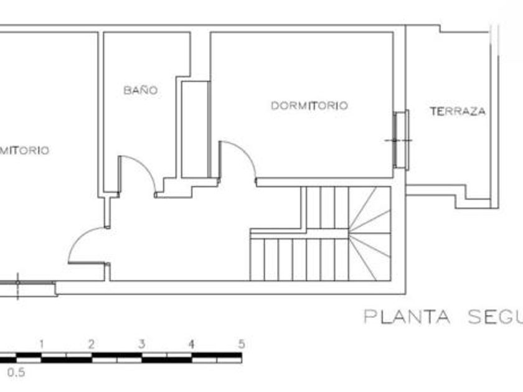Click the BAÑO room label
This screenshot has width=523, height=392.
140,90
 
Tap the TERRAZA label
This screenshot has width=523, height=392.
458,112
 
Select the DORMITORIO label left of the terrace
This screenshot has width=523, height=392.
309,106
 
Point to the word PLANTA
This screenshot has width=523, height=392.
407,317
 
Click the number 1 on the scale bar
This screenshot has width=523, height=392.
41,343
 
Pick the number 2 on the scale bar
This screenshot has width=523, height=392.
91,343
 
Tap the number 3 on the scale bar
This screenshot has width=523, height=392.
141,343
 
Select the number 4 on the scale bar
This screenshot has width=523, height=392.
191,343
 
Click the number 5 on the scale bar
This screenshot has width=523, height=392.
241,343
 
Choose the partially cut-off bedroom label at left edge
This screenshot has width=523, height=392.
25,151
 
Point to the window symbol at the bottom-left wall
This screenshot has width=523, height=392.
28,287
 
